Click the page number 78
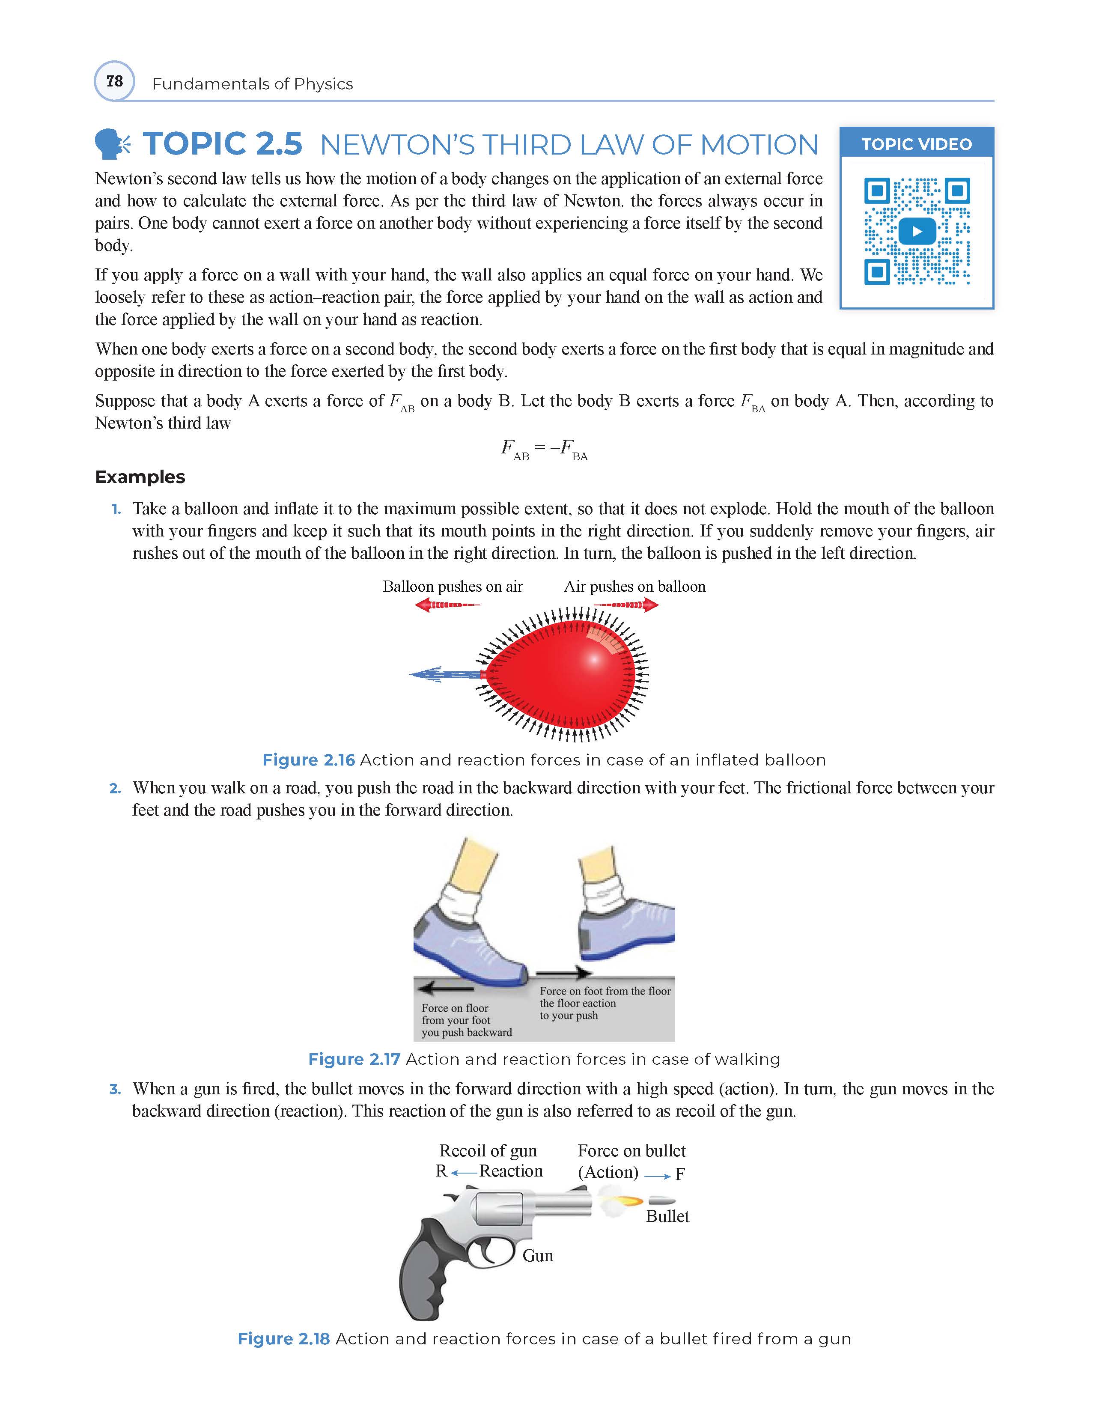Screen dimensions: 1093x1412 [114, 81]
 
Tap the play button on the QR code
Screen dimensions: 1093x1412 [917, 231]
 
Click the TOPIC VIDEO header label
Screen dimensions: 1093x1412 [917, 144]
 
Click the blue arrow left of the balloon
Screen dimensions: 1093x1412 [446, 674]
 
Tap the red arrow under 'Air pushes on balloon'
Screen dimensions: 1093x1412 [625, 605]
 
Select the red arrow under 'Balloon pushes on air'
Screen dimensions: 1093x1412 [447, 605]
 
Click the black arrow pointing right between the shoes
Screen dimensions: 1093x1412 [564, 973]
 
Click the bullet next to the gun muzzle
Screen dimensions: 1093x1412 [661, 1202]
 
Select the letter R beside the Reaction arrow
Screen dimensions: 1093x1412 [441, 1171]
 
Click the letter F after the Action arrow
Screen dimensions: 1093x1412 [680, 1174]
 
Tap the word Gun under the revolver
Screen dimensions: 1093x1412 [538, 1256]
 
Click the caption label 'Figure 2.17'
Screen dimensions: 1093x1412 [354, 1059]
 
